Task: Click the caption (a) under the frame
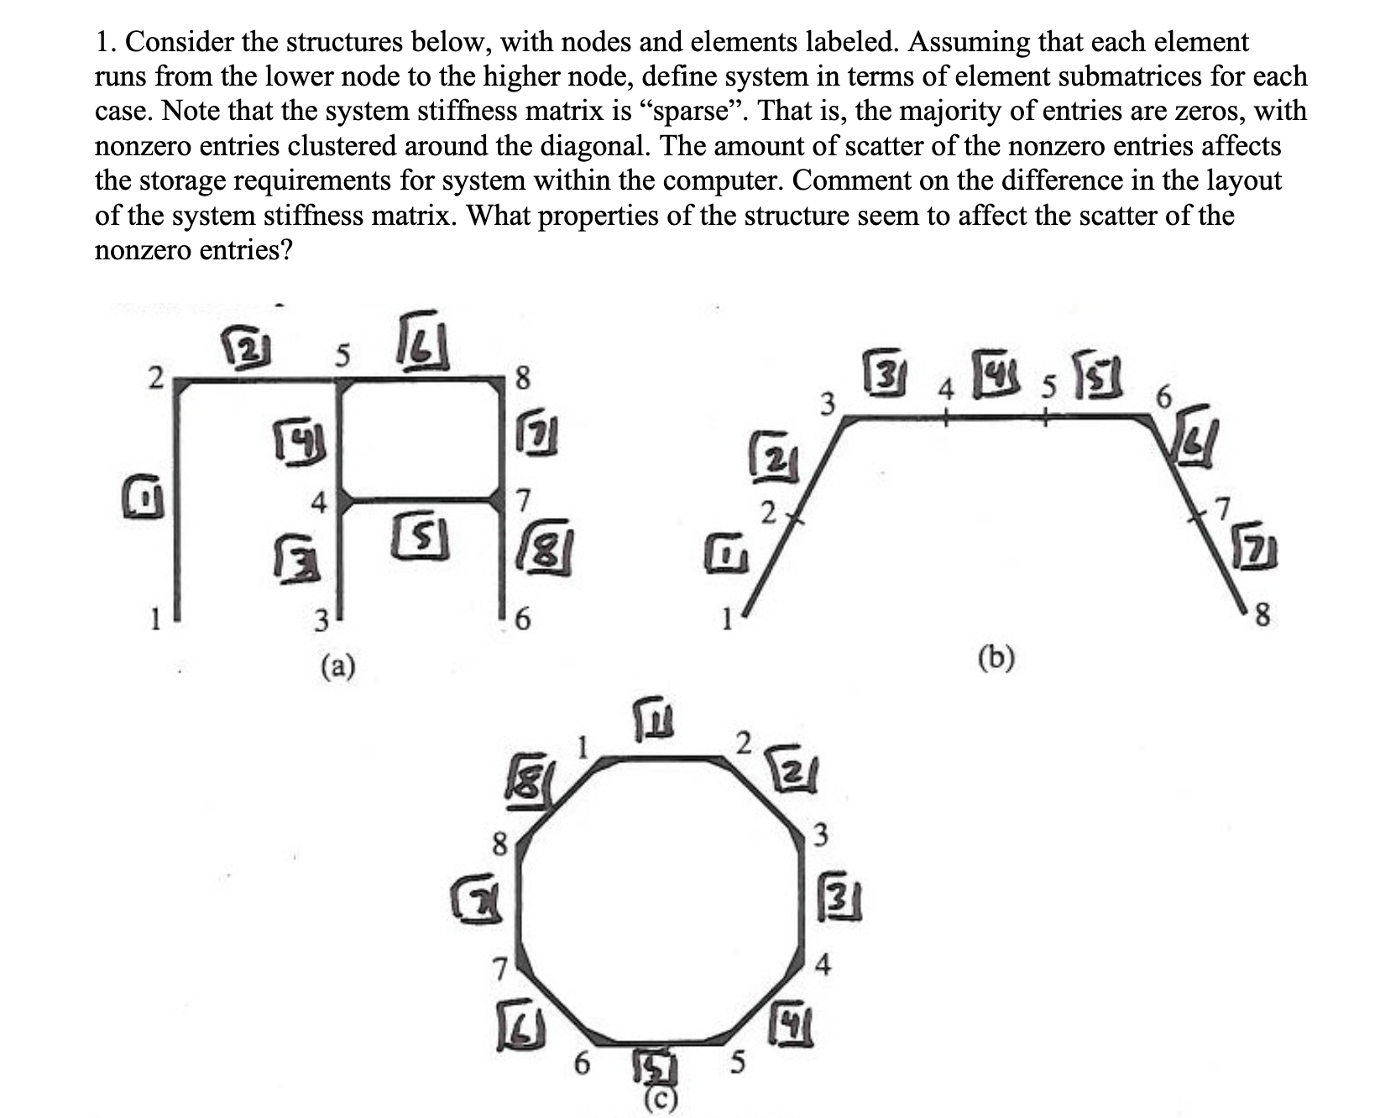[x=338, y=666]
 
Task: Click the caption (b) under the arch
[x=996, y=657]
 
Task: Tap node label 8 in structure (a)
[x=521, y=381]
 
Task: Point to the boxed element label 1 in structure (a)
[x=144, y=503]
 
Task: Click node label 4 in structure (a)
[x=318, y=504]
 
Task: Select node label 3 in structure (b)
[x=827, y=403]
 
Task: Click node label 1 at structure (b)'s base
[x=728, y=622]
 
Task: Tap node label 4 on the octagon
[x=823, y=967]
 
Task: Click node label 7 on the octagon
[x=499, y=970]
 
